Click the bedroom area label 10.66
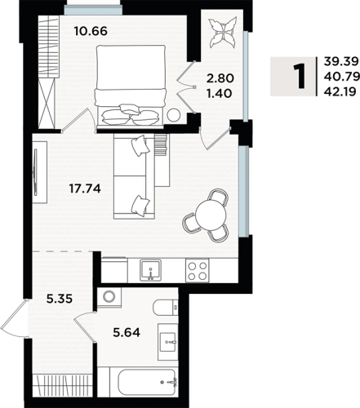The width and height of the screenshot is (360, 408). coord(91,31)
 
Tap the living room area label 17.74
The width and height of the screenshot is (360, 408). coord(85,188)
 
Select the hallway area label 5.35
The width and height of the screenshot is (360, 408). coord(60,299)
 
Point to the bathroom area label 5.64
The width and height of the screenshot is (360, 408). coord(127,332)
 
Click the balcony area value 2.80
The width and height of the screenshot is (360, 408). coord(220,78)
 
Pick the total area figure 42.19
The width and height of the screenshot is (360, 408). coord(340,92)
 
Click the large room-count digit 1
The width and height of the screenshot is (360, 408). coord(301,77)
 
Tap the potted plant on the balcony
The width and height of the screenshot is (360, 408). coord(223,33)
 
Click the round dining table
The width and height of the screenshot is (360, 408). coord(211,215)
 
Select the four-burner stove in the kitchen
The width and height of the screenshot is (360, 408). coord(198,270)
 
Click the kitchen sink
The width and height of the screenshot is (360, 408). coord(150,270)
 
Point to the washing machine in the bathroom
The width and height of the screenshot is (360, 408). coord(109,298)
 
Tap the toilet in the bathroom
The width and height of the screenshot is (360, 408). coord(166,308)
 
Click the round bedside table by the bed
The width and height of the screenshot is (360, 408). coord(173,114)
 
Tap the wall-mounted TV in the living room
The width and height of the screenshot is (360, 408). coord(35,172)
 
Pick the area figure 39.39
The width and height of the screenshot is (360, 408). coord(340,62)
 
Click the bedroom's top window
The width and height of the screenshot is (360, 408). coord(93,11)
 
